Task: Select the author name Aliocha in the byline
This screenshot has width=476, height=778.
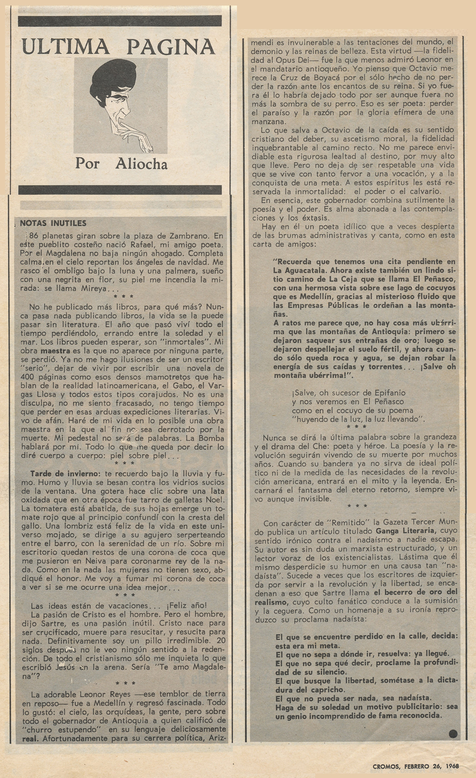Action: click(141, 163)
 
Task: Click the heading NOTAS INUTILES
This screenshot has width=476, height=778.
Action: click(53, 223)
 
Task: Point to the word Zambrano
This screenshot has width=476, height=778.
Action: click(188, 236)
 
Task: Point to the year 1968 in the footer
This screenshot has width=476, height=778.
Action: click(452, 766)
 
